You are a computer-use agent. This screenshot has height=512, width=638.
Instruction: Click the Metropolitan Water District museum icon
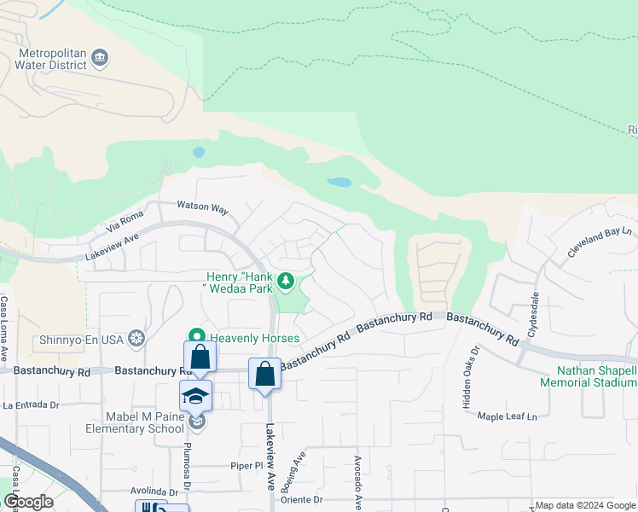point(100,58)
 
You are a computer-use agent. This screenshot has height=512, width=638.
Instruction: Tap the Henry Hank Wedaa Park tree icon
point(287,280)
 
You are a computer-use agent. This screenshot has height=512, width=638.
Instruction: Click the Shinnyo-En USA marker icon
point(135,338)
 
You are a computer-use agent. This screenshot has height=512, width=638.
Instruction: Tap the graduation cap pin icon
point(195,395)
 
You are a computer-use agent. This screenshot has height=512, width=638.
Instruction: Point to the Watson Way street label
point(203,207)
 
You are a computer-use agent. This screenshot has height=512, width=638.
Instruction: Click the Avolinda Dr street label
point(154,492)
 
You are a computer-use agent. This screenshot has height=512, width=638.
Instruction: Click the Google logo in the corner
point(29,502)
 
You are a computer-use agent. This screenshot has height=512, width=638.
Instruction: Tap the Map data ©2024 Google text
point(584,505)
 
